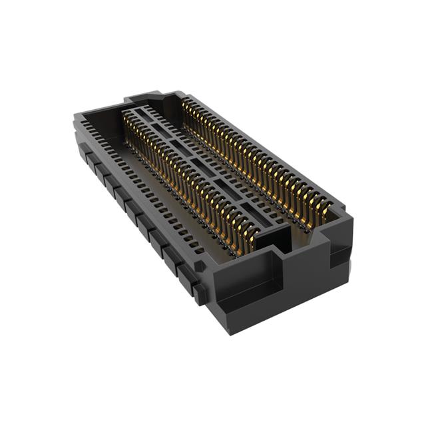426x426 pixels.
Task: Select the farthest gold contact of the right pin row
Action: (x=188, y=106)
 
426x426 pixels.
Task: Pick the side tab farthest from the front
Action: (x=87, y=154)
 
